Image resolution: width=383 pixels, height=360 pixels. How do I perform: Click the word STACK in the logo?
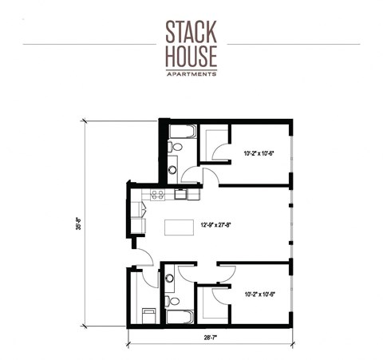(191, 31)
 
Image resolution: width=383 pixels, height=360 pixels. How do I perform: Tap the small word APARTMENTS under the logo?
(191, 73)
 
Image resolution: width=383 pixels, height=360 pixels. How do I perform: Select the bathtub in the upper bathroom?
(182, 131)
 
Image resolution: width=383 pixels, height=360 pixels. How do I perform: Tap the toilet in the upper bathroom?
(176, 148)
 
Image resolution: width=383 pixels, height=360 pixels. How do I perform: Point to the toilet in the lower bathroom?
(174, 300)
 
